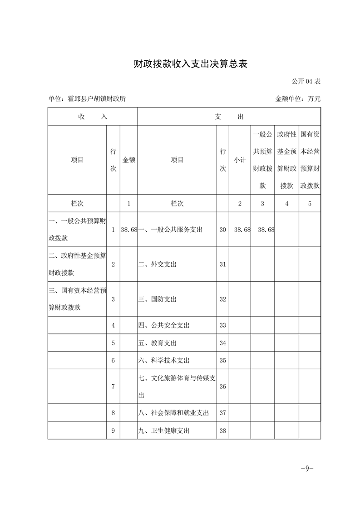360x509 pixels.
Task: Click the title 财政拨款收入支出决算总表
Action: coord(190,64)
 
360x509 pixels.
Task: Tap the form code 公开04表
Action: coord(306,82)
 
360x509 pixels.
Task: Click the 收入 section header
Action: coord(93,117)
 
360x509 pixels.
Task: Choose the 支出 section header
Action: coord(229,117)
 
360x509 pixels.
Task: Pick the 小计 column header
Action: coord(240,160)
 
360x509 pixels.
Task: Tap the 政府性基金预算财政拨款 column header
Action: coord(286,160)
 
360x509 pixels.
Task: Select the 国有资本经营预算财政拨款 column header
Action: coord(310,160)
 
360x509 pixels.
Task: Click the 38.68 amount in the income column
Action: coord(129,230)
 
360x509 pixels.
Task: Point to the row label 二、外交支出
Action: coord(158,264)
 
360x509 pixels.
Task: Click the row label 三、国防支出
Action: coord(158,299)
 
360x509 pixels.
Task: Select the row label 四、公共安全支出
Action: coord(164,325)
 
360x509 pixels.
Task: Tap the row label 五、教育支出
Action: coord(158,343)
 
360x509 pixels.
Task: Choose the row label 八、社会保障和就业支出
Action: coord(173,413)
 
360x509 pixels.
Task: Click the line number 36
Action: coord(222,387)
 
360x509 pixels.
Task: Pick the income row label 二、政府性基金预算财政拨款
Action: coord(77,264)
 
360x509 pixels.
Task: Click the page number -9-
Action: coord(307,469)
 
